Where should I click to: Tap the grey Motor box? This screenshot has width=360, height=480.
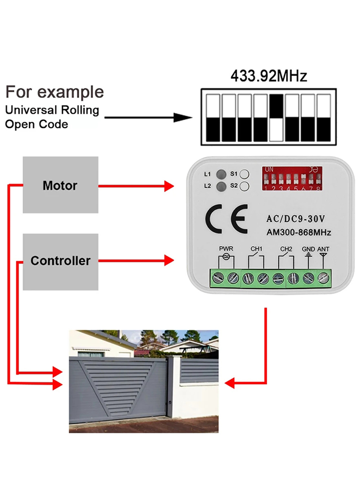(x=60, y=185)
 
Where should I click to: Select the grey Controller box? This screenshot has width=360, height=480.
(x=60, y=261)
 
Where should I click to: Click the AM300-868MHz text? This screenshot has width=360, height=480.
(x=293, y=233)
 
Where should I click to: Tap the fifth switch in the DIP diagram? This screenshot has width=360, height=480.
(x=276, y=118)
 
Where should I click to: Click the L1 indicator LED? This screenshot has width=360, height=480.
(x=221, y=174)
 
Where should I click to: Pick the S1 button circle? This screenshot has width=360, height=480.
(x=244, y=174)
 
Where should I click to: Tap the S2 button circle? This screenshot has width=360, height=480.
(x=244, y=186)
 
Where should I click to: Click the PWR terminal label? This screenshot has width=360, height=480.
(x=226, y=249)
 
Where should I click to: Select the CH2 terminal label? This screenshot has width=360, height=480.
(x=286, y=249)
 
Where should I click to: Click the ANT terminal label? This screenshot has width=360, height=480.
(x=324, y=249)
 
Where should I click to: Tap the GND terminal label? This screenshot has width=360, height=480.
(x=308, y=249)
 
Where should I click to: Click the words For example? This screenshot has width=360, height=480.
(x=54, y=92)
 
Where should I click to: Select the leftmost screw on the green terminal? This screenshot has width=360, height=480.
(x=220, y=277)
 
